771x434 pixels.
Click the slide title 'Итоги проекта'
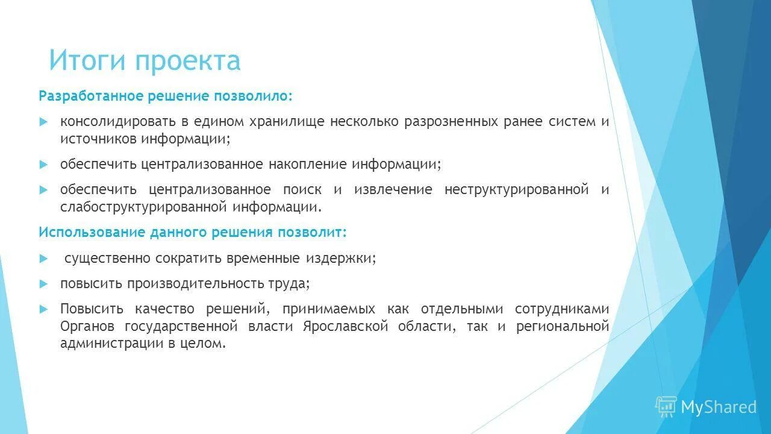pyautogui.click(x=145, y=60)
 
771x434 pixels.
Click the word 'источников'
pyautogui.click(x=98, y=139)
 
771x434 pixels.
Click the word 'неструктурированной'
pyautogui.click(x=516, y=189)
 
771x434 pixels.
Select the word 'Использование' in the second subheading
pyautogui.click(x=82, y=232)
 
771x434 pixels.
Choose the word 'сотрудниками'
pyautogui.click(x=562, y=309)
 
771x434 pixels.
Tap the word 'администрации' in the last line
pyautogui.click(x=107, y=344)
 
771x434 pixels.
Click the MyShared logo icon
pyautogui.click(x=666, y=407)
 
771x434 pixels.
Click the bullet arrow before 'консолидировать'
pyautogui.click(x=43, y=121)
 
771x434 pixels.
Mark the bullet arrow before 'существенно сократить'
pyautogui.click(x=43, y=258)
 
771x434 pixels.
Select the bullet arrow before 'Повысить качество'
pyautogui.click(x=43, y=309)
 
